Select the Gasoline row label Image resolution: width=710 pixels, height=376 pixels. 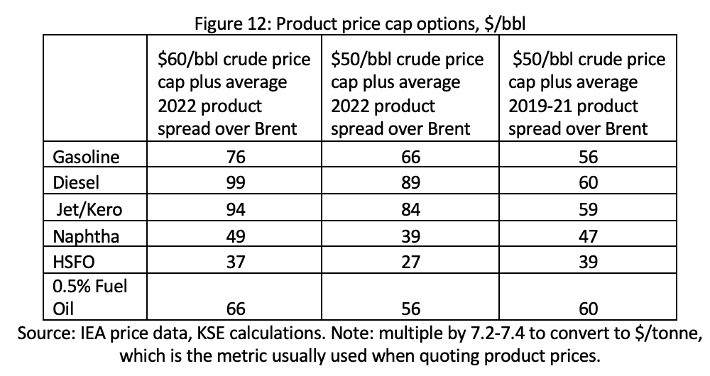[x=86, y=157]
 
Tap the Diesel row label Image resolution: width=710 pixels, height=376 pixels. [x=76, y=182]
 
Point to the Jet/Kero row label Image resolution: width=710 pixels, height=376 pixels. [x=89, y=209]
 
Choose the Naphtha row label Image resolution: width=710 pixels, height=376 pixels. [x=86, y=237]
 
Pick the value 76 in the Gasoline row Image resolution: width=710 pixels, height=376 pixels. [x=236, y=157]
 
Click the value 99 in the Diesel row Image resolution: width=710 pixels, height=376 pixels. [x=236, y=182]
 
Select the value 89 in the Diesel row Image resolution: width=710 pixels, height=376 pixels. [x=410, y=182]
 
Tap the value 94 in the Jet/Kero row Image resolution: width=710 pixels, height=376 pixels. [x=236, y=209]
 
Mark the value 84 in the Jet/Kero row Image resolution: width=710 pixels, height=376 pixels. [x=410, y=209]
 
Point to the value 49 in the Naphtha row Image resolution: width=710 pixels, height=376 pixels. [x=236, y=236]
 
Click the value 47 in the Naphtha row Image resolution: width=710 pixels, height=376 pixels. [x=588, y=236]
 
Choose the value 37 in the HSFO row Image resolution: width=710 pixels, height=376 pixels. [x=236, y=262]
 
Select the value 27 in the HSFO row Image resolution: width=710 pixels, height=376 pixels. [x=410, y=262]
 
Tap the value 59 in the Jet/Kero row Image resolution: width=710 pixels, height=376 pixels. [x=588, y=209]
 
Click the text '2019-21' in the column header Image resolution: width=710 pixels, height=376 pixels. [x=539, y=106]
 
